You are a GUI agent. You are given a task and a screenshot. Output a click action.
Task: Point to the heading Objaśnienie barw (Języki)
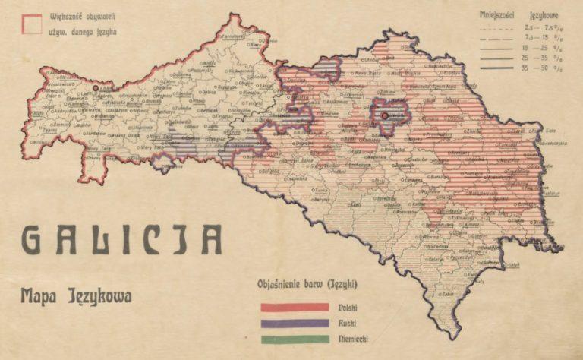[x=304, y=285]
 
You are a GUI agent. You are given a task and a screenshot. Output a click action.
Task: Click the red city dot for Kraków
[x=96, y=88]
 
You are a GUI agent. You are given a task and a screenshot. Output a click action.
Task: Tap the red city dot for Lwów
[x=385, y=115]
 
